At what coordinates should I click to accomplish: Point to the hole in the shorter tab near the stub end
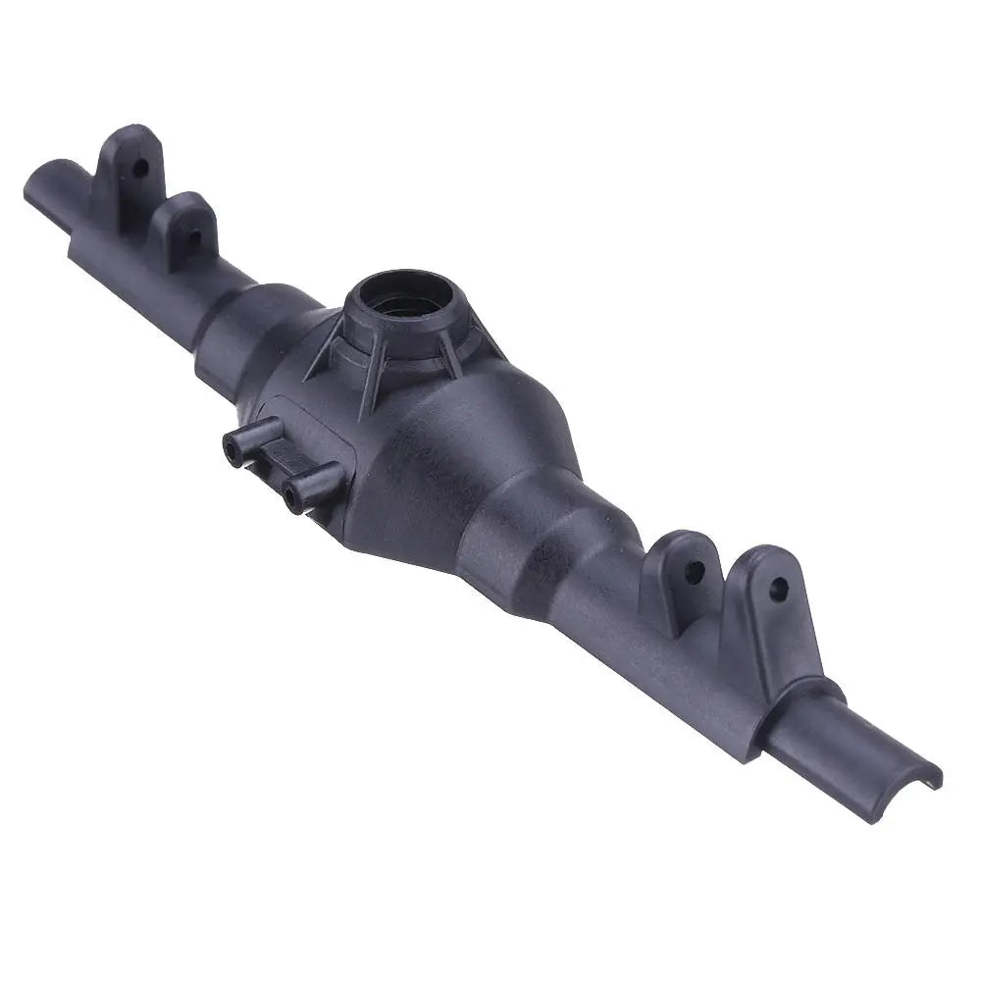click(x=193, y=235)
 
